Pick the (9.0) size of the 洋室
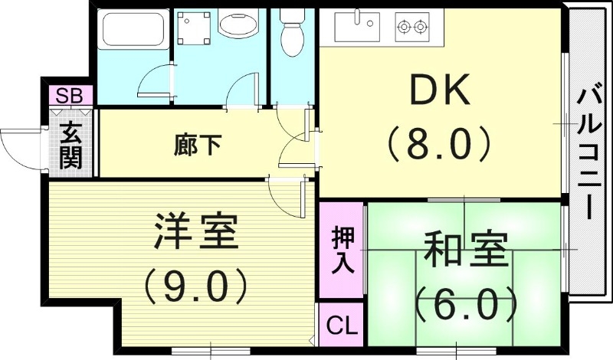(x=195, y=285)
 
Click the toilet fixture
(x=291, y=32)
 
